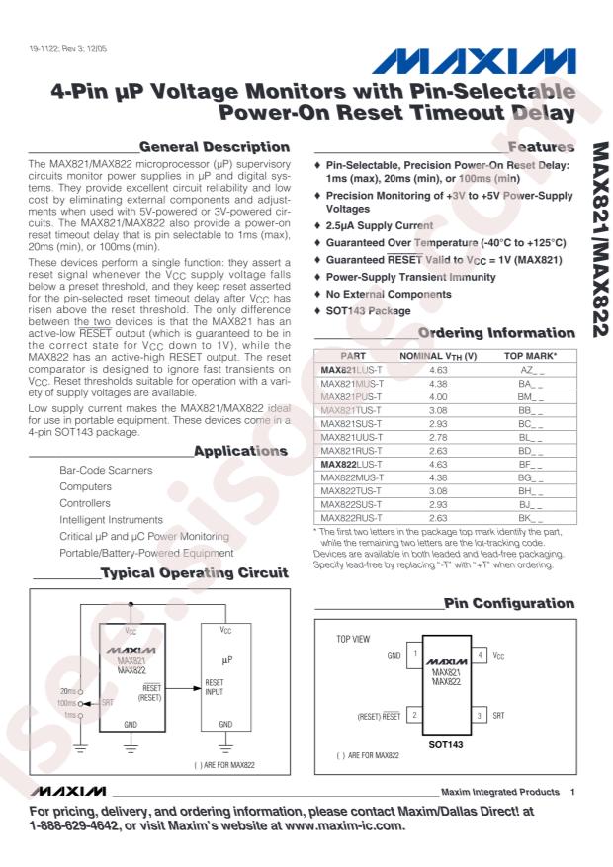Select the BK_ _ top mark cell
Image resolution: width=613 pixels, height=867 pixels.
tap(530, 514)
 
